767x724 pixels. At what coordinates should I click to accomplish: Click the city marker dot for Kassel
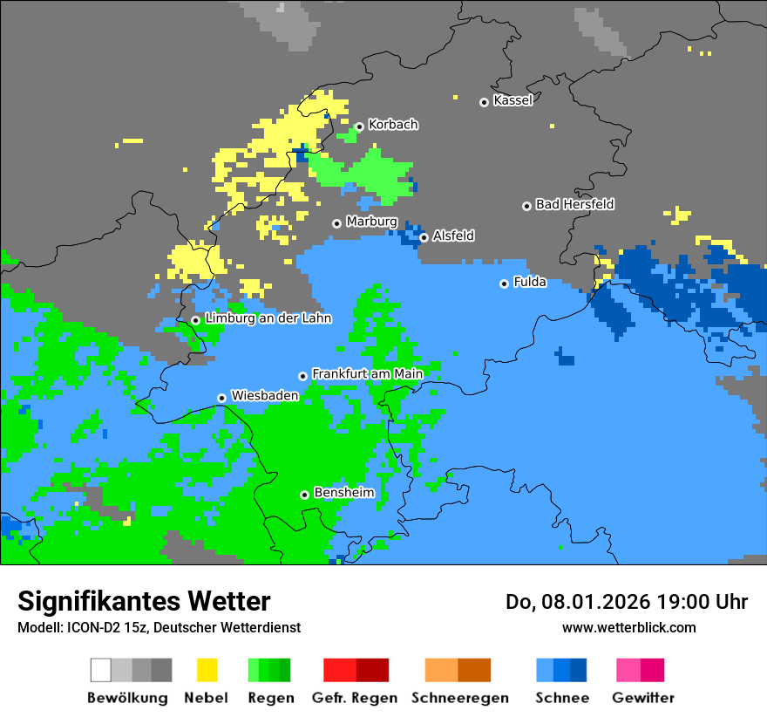484,102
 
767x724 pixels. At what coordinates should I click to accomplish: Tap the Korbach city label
392,125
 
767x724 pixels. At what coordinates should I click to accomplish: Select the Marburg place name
371,222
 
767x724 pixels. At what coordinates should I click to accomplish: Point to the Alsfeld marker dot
424,237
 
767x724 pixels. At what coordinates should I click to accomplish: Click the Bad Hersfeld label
574,204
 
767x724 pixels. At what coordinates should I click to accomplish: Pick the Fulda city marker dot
504,283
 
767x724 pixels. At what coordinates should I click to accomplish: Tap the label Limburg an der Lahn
268,318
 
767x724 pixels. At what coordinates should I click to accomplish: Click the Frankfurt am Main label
367,373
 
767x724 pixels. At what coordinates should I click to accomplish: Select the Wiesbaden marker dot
222,398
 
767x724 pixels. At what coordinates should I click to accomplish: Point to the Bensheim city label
343,493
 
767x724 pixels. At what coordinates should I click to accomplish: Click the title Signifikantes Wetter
144,601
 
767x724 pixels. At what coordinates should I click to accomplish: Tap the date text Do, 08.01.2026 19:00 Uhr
627,602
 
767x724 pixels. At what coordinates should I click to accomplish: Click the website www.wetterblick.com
628,627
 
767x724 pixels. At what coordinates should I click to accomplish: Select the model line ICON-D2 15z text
159,627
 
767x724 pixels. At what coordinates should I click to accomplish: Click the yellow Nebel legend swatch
207,670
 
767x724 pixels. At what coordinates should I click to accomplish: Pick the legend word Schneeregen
458,698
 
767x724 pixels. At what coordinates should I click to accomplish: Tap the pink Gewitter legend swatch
628,670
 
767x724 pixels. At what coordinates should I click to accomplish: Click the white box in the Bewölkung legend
101,670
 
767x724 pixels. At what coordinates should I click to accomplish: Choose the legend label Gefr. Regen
355,698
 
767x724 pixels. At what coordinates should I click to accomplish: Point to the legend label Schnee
562,698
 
